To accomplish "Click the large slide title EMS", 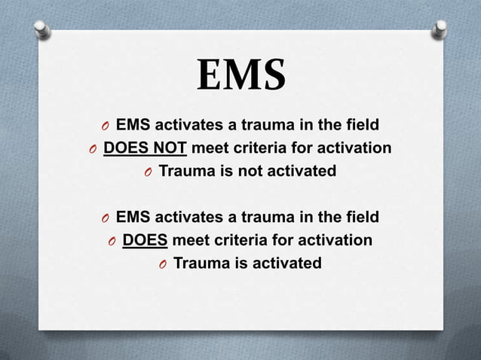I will (240, 76).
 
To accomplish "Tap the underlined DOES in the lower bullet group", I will (146, 240).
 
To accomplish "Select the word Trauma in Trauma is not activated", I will (185, 171).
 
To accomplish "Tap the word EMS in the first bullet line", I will (132, 124).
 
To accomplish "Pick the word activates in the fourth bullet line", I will (185, 218).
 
